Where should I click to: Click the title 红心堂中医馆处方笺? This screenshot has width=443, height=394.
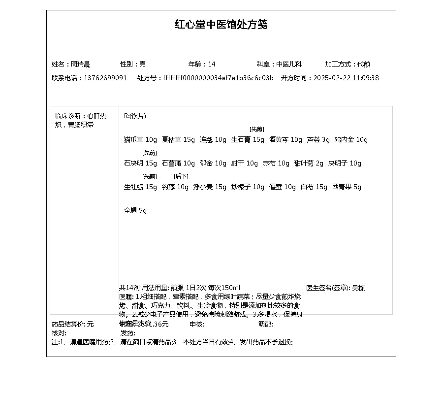221,25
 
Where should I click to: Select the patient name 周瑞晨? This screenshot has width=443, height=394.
80,64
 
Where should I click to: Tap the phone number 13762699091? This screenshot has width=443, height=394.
105,78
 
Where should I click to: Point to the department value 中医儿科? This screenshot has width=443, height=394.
289,64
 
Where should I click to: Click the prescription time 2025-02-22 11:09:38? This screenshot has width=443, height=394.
346,78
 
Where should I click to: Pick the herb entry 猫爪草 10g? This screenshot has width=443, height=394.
140,139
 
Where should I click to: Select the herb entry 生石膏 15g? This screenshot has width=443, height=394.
248,139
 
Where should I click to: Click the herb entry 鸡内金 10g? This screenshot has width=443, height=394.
351,139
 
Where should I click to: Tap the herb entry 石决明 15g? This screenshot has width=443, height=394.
140,163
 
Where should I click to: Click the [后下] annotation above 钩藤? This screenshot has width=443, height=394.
181,176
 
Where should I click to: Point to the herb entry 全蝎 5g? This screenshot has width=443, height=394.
135,210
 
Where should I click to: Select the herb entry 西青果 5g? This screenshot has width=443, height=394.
347,187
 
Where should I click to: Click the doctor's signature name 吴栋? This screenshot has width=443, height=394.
358,288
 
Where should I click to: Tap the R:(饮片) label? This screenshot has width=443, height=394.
135,116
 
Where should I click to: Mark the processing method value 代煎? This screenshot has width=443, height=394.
364,64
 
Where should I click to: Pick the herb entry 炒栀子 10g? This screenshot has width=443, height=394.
248,187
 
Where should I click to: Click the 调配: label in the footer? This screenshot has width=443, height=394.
266,324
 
